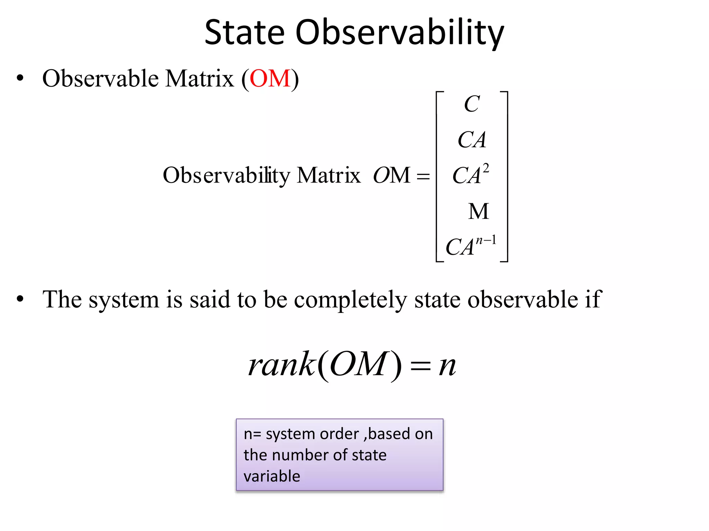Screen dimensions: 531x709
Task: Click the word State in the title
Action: [x=244, y=32]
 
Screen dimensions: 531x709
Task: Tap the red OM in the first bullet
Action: [x=270, y=78]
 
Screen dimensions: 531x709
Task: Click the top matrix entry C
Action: [x=472, y=104]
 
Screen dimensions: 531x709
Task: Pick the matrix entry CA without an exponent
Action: [x=472, y=140]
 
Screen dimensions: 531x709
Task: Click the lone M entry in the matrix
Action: [x=478, y=211]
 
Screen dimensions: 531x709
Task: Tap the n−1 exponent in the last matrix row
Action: [x=486, y=240]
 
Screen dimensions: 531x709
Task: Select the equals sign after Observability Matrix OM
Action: [x=423, y=177]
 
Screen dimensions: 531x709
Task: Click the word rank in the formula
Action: [x=281, y=365]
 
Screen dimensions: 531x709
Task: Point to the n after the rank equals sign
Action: [x=447, y=366]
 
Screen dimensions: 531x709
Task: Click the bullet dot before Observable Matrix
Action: [x=20, y=78]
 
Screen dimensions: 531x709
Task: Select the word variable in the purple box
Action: [x=272, y=476]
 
